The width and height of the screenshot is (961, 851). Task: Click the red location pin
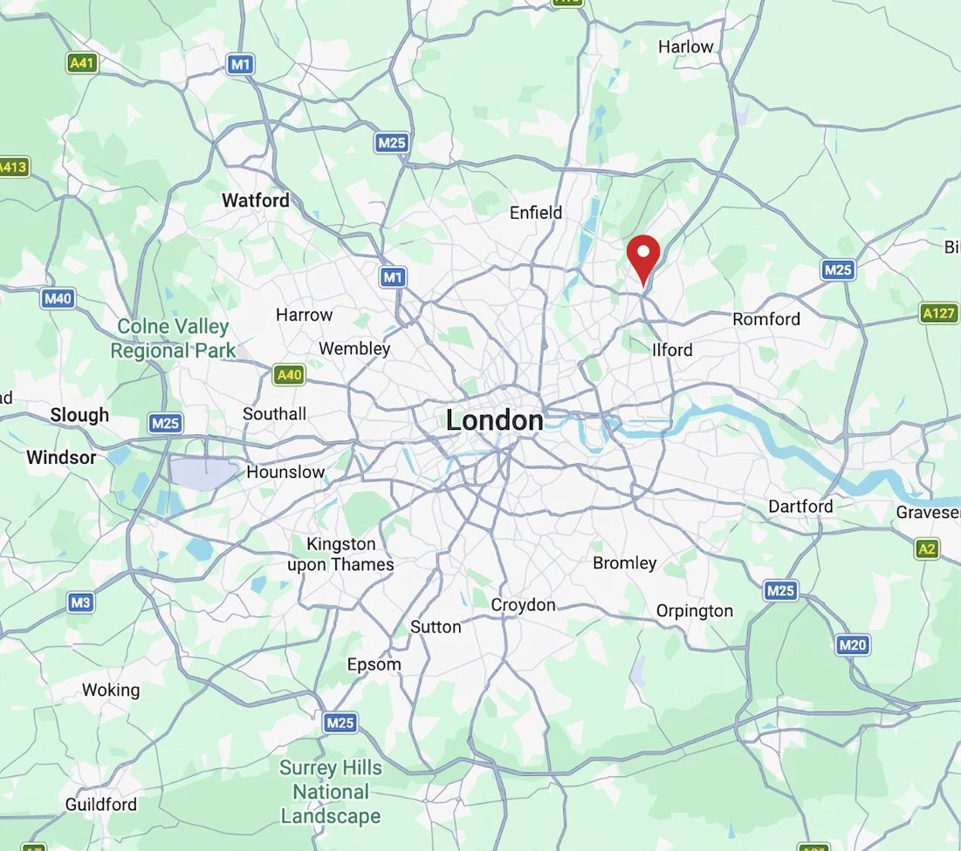(x=643, y=255)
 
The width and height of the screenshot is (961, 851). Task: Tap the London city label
(x=494, y=420)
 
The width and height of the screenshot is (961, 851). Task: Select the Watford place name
(x=255, y=200)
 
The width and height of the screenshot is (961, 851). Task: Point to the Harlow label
(x=685, y=46)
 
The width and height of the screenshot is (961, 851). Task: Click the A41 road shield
(x=82, y=63)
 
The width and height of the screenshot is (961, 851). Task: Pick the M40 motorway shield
(x=58, y=298)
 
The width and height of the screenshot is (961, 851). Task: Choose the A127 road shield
(x=938, y=313)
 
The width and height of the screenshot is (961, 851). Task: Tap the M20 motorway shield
(x=852, y=645)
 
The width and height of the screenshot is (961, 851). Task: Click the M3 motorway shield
(x=80, y=602)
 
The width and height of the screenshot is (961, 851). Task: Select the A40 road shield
(x=288, y=375)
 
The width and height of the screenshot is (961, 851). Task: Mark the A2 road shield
(x=927, y=548)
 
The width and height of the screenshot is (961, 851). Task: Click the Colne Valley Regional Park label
(x=173, y=338)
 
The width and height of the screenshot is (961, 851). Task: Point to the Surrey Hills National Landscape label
(x=331, y=792)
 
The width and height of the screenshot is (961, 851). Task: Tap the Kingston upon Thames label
(x=340, y=555)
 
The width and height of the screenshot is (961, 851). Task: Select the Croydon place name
(x=523, y=604)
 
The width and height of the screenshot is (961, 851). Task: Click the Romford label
(x=766, y=319)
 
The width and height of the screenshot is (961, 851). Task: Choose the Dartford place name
(x=800, y=506)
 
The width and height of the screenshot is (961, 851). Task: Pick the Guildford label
(x=101, y=804)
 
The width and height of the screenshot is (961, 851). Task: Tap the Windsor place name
(x=61, y=457)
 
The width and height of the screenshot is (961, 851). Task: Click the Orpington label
(x=695, y=610)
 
